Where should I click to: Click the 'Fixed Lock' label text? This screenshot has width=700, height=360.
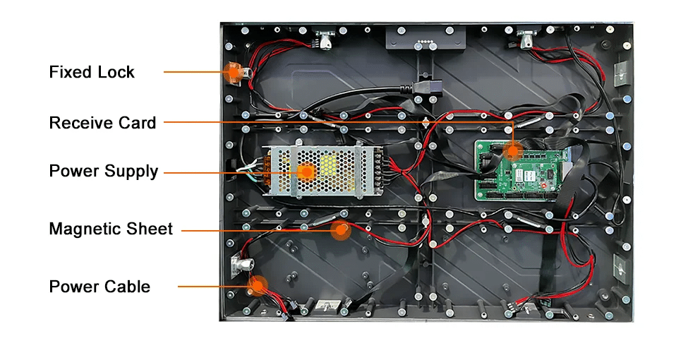coord(92,72)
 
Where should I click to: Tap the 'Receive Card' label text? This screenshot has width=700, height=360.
coord(102,123)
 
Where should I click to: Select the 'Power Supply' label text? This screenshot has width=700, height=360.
coord(103,171)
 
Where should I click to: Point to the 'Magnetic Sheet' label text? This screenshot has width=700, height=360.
coord(111,229)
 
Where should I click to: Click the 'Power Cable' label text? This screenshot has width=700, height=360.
coord(99,287)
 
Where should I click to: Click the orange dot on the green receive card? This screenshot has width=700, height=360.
coord(513,150)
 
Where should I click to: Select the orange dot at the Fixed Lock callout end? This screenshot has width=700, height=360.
coord(231,71)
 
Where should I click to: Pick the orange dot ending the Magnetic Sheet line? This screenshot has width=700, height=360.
coord(342,229)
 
